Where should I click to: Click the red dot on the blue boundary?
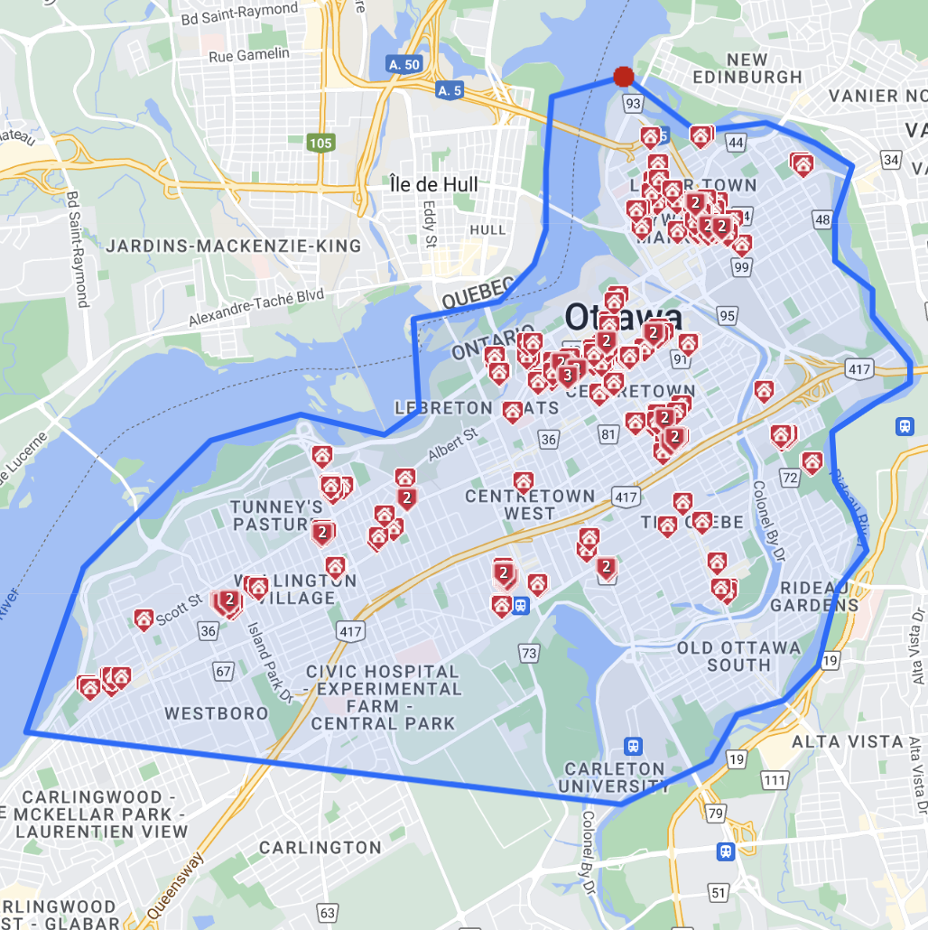[x=623, y=77]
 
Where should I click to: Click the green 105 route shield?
[x=320, y=143]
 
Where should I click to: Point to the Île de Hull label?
[x=433, y=184]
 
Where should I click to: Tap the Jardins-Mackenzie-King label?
[x=234, y=246]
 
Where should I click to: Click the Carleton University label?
[x=614, y=777]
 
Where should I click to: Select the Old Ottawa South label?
[x=738, y=656]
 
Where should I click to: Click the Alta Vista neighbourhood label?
[x=847, y=741]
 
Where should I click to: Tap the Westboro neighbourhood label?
[x=217, y=713]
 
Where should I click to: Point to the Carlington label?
[x=320, y=847]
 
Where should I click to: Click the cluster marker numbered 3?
[x=567, y=374]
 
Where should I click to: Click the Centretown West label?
[x=530, y=504]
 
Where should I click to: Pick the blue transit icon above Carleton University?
[x=634, y=746]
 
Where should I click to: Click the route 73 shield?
[x=528, y=652]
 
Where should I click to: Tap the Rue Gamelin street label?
[x=249, y=55]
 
